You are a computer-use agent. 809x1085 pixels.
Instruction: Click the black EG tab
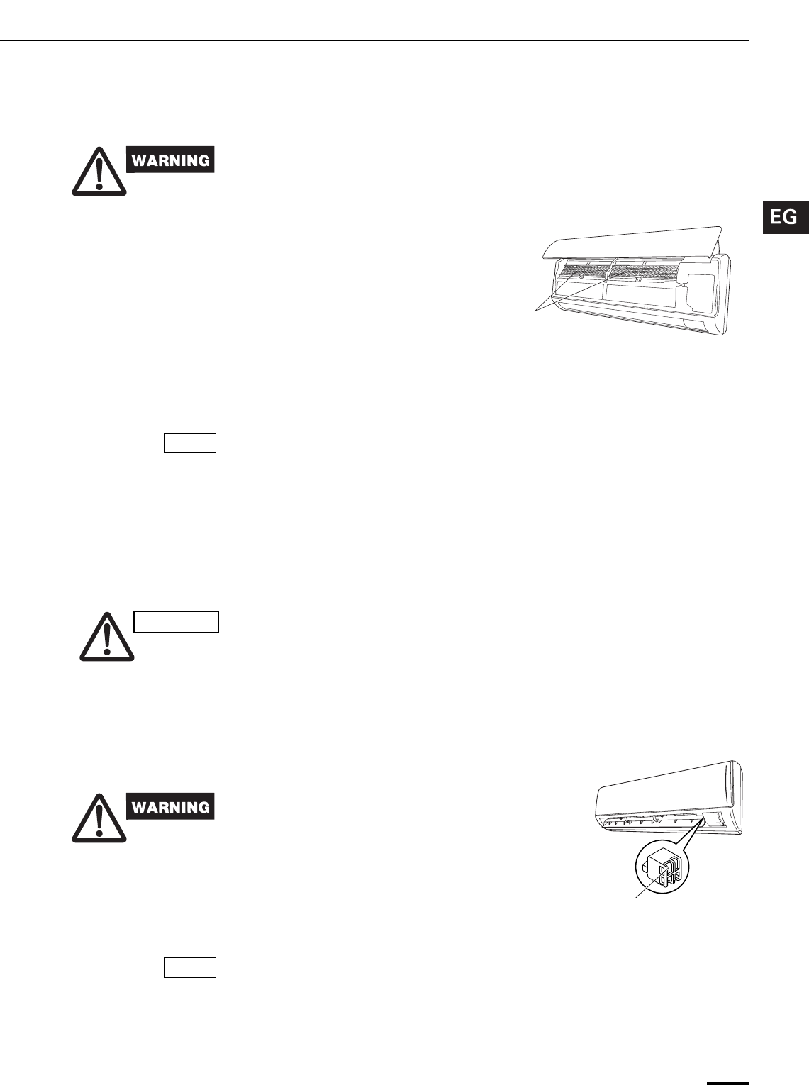click(x=785, y=217)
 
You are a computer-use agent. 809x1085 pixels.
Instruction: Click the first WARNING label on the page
click(x=170, y=160)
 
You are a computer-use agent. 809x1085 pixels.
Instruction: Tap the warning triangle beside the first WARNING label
click(x=100, y=172)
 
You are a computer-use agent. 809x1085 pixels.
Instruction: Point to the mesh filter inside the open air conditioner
click(x=610, y=270)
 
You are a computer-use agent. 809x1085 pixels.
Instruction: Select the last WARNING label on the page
click(x=170, y=807)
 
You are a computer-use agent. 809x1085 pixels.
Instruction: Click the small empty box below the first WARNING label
click(x=190, y=443)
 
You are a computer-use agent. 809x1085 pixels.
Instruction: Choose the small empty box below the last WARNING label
click(x=190, y=967)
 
